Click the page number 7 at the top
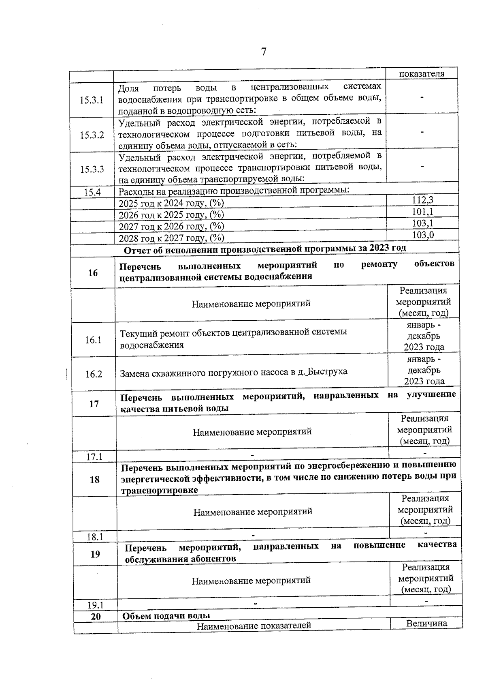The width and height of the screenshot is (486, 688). pyautogui.click(x=264, y=52)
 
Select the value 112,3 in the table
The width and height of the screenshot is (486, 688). pyautogui.click(x=422, y=200)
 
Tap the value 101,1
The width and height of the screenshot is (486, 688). pyautogui.click(x=422, y=212)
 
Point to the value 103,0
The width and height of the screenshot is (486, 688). pyautogui.click(x=423, y=235)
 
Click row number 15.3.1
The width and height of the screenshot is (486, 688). pyautogui.click(x=92, y=100)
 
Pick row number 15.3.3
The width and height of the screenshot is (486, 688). pyautogui.click(x=92, y=169)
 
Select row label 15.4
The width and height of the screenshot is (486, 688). pyautogui.click(x=92, y=193)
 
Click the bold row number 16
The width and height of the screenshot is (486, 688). pyautogui.click(x=93, y=273)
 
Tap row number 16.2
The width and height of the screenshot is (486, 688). pyautogui.click(x=94, y=374)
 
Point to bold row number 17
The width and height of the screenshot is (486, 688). pyautogui.click(x=94, y=404)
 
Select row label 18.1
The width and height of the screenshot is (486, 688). pyautogui.click(x=95, y=537)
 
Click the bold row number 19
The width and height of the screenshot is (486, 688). pyautogui.click(x=95, y=554)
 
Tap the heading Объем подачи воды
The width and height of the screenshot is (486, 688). pyautogui.click(x=166, y=616)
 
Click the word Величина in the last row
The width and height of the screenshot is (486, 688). pyautogui.click(x=426, y=623)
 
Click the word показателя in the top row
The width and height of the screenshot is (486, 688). pyautogui.click(x=422, y=74)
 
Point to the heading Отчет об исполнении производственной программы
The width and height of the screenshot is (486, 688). pyautogui.click(x=265, y=249)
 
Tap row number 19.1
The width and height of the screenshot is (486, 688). pyautogui.click(x=96, y=605)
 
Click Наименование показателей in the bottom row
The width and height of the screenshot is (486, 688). pyautogui.click(x=254, y=626)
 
